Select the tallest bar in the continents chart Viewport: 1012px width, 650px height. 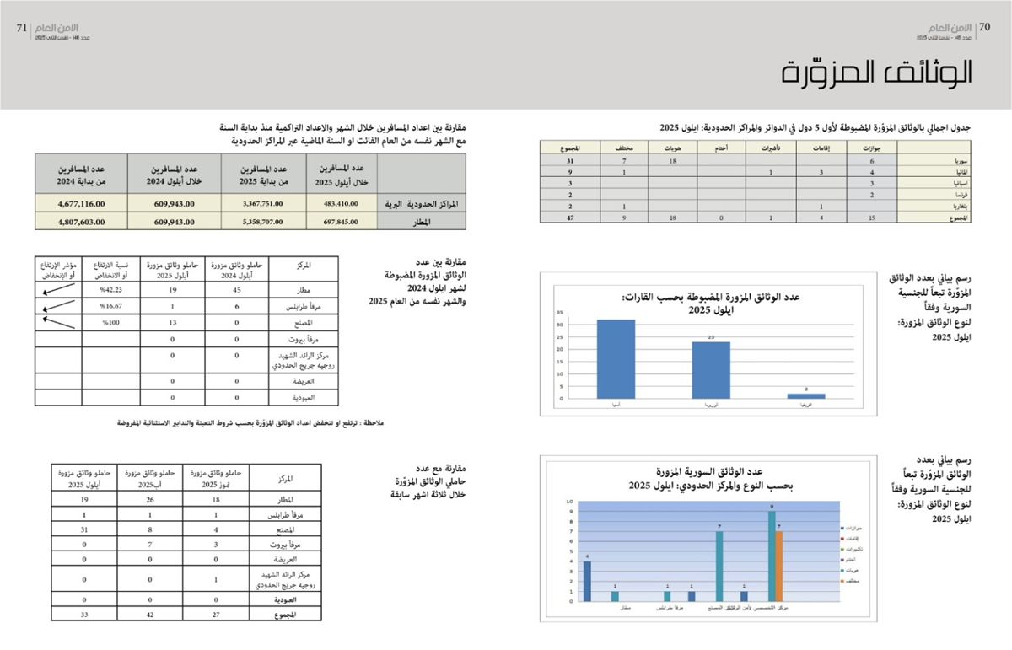point(616,359)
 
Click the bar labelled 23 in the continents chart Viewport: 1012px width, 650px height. point(711,370)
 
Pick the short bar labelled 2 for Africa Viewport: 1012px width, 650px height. point(806,395)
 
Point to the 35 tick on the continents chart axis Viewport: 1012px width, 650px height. point(560,313)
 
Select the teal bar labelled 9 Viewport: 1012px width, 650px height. point(771,556)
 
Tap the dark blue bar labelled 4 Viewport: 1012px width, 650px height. point(587,581)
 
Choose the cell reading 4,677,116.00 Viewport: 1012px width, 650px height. point(81,203)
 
